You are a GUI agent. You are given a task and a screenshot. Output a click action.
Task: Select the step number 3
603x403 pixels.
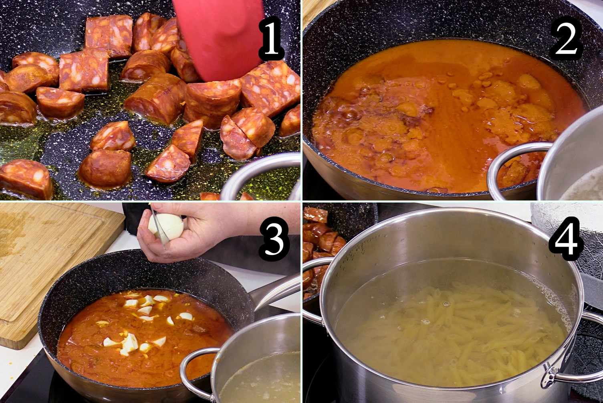pyautogui.click(x=274, y=239)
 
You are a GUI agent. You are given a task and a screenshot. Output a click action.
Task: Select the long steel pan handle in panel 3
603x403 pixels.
pyautogui.click(x=276, y=291)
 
